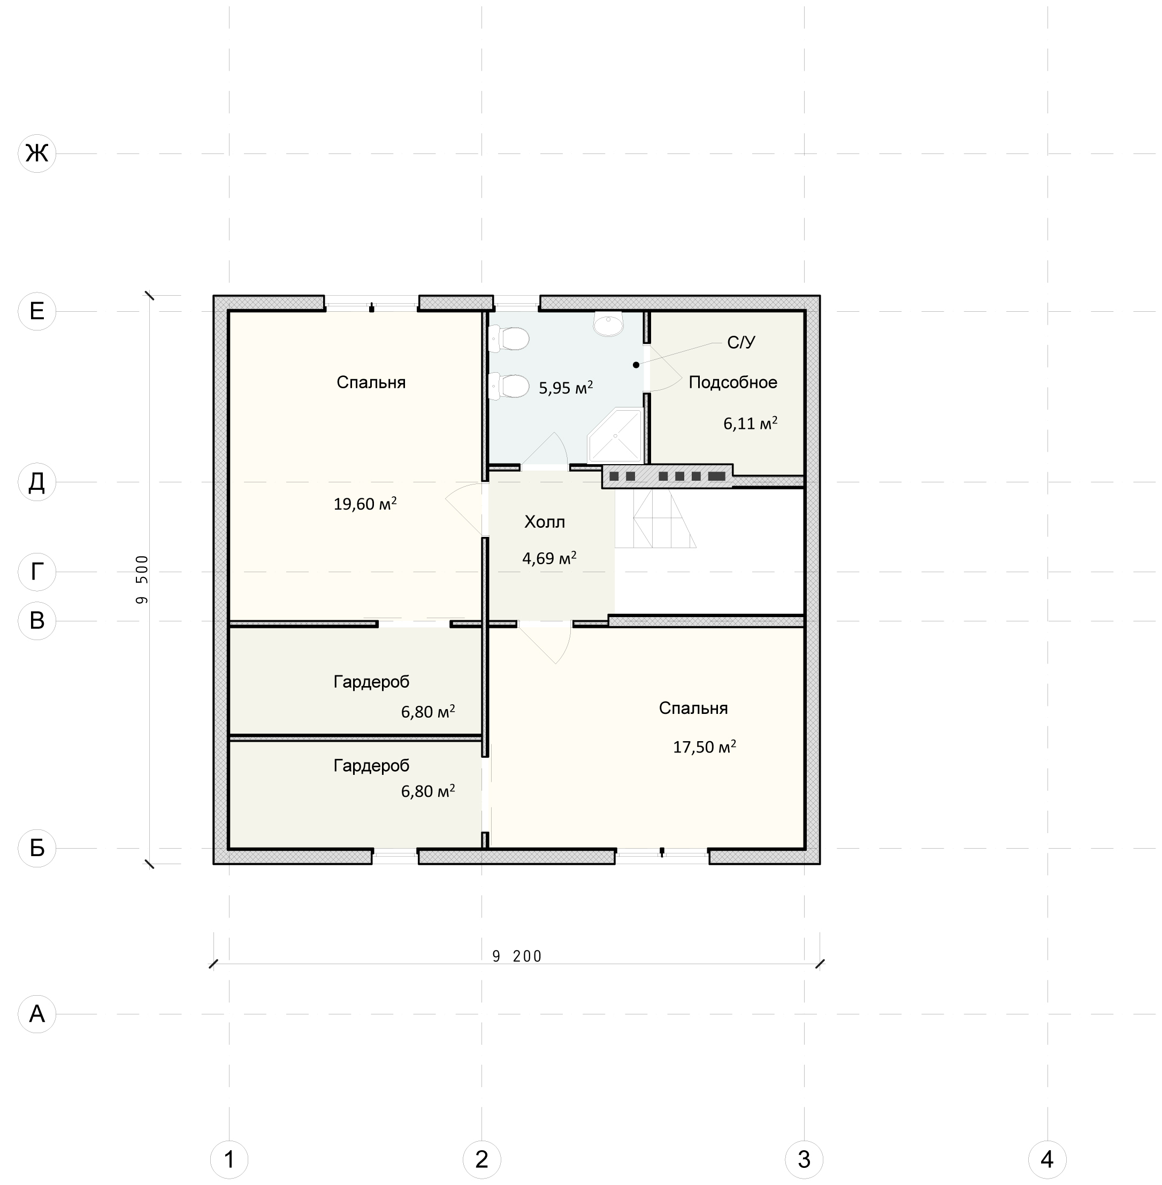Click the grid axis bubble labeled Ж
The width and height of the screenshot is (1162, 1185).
pos(37,153)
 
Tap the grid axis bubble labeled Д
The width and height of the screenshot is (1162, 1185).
pos(37,482)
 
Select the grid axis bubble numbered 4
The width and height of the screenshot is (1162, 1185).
pos(1048,1159)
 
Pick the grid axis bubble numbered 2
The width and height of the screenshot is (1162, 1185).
pos(481,1159)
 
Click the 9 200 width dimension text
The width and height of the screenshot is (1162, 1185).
pos(517,956)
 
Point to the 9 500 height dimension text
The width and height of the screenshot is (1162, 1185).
pos(142,579)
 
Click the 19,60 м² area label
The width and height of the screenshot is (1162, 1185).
pos(365,504)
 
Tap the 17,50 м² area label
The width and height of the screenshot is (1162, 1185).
pos(704,747)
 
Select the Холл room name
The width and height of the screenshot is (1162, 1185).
pos(545,522)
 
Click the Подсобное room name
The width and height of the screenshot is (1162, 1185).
pos(733,382)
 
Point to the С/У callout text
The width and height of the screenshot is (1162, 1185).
pos(741,343)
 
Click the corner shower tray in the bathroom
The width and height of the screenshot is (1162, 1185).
pos(615,435)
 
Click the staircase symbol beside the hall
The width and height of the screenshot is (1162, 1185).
pos(655,518)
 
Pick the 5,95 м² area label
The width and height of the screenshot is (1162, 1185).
pos(565,388)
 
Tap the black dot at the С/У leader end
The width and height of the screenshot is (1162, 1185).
pos(636,365)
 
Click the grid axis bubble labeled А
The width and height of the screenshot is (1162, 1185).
pos(37,1014)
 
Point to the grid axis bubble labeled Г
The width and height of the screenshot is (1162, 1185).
pos(37,572)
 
